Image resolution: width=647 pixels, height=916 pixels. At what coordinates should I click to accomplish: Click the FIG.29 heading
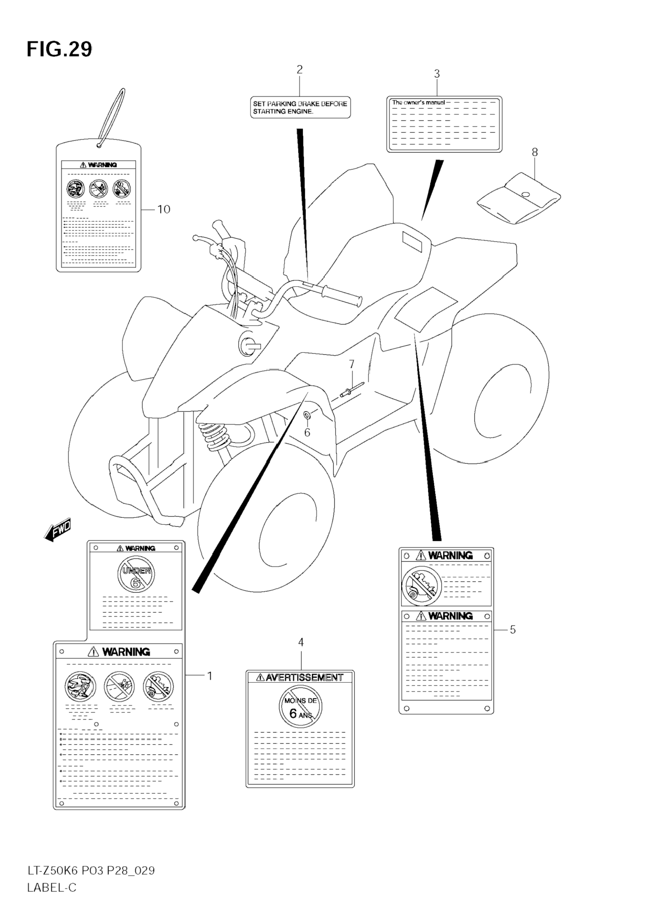[x=59, y=50]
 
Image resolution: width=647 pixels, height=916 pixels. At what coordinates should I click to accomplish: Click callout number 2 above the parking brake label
[x=299, y=69]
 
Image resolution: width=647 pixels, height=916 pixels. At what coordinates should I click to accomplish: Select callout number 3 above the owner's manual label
[x=436, y=74]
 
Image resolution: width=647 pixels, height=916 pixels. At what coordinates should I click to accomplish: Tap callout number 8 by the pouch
[x=534, y=152]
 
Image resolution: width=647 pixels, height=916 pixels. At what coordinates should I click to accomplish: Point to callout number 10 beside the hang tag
[x=164, y=209]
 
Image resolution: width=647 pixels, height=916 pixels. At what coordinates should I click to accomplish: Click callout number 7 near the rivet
[x=351, y=364]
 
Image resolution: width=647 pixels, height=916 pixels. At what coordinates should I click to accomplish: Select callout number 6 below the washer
[x=307, y=432]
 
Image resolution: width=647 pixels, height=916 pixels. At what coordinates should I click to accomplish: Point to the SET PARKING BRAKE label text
[x=300, y=107]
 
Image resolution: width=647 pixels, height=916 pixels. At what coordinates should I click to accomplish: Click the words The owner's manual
[x=418, y=102]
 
